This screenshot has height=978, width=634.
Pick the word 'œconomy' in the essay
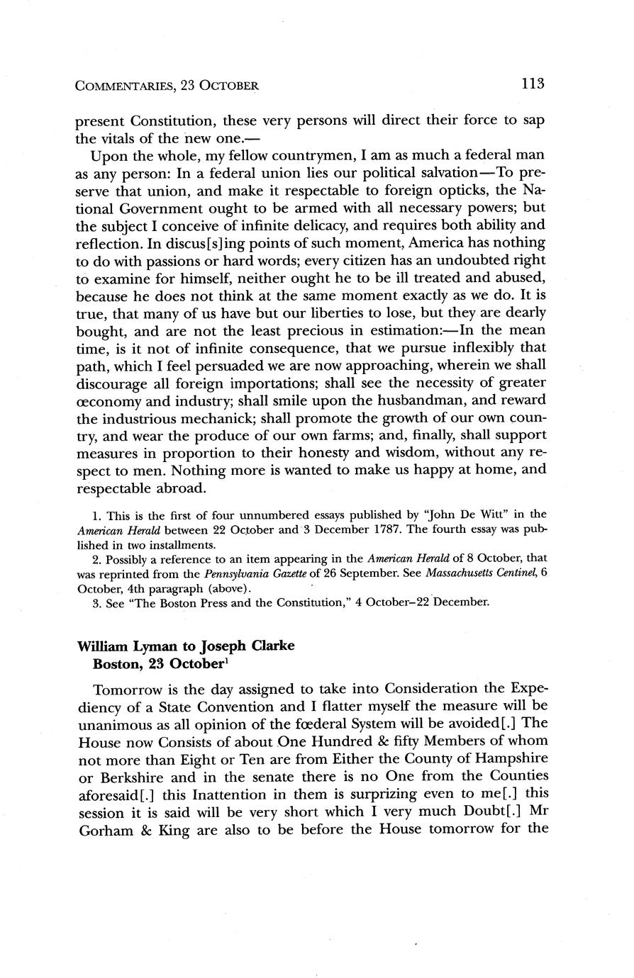click(x=108, y=400)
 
